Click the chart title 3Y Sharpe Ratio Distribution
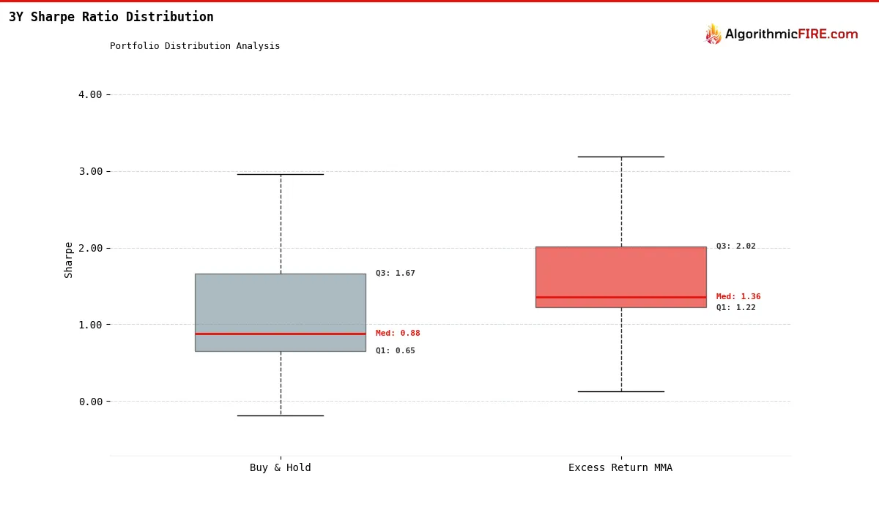pos(111,17)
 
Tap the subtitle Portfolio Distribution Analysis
pos(195,46)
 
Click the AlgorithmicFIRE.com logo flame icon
pos(713,34)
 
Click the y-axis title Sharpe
pos(69,260)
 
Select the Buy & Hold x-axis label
pos(281,468)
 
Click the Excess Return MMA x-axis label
pos(620,468)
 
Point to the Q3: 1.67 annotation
pos(396,274)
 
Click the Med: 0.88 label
pos(398,334)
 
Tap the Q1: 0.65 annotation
pos(396,351)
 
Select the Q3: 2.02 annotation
pos(736,246)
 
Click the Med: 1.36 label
pos(738,297)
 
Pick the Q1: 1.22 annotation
pos(736,308)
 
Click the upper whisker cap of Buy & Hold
pos(281,174)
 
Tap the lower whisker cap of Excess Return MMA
pos(621,391)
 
